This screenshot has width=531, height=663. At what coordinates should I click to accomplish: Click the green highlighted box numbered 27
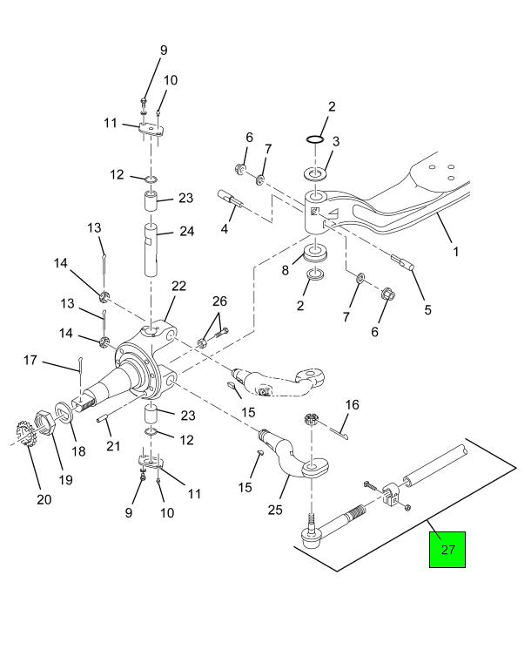(447, 549)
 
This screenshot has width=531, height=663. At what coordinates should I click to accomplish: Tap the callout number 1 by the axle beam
(456, 252)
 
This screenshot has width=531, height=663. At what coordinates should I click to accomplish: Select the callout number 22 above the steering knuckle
(178, 287)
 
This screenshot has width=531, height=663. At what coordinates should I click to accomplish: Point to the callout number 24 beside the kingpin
(186, 231)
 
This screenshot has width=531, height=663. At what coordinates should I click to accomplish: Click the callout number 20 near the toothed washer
(44, 499)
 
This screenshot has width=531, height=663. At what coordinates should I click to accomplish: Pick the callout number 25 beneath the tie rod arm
(275, 510)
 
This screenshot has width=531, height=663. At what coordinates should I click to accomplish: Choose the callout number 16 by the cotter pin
(352, 404)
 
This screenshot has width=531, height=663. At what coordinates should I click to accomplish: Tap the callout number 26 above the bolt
(219, 301)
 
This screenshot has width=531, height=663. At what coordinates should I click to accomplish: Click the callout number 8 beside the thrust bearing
(286, 271)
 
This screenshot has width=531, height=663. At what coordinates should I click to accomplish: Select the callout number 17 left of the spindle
(30, 361)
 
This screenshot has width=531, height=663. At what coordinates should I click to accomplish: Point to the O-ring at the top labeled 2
(315, 139)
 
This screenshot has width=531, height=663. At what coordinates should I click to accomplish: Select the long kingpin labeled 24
(151, 250)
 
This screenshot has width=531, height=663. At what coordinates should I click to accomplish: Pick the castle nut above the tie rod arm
(311, 419)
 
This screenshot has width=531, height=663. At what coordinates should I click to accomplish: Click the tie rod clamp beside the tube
(391, 494)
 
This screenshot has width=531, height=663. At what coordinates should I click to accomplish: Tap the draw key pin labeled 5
(403, 263)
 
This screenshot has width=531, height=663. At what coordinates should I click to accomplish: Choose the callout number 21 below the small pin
(114, 446)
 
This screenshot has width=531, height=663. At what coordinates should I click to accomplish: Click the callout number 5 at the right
(428, 310)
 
